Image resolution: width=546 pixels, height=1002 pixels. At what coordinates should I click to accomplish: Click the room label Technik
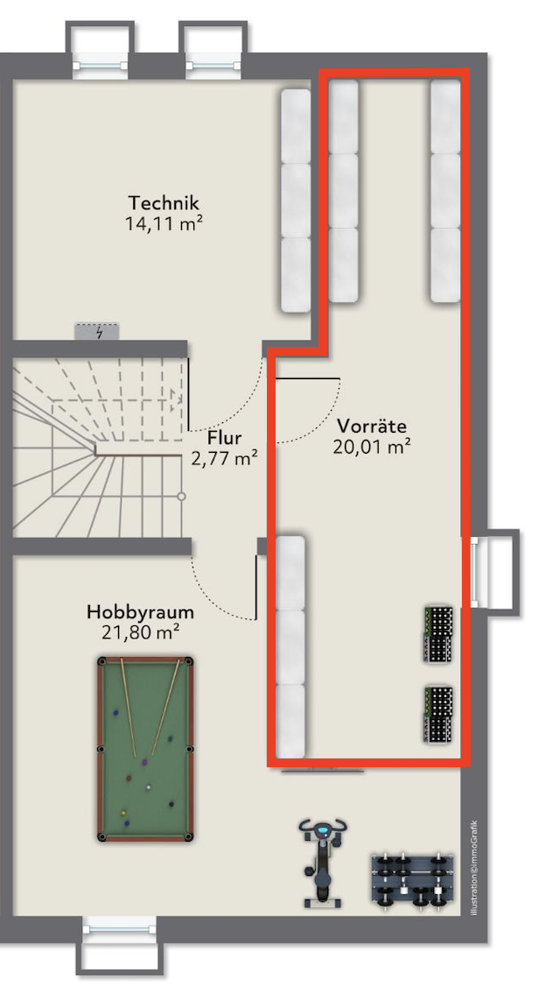click(164, 203)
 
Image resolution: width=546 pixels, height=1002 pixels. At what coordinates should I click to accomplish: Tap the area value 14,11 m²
click(164, 223)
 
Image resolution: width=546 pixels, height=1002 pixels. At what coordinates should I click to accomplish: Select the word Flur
click(224, 438)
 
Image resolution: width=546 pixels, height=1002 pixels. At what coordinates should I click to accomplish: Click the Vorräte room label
click(372, 426)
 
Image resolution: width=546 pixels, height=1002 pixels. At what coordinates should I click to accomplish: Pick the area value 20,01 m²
click(372, 446)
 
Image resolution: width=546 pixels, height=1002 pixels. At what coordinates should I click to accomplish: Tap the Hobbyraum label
click(141, 612)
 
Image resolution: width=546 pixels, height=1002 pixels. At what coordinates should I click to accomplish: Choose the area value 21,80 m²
click(141, 632)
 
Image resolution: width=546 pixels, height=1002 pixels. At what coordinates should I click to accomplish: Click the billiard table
click(145, 749)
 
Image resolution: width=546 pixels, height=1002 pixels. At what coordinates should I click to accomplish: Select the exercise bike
click(323, 863)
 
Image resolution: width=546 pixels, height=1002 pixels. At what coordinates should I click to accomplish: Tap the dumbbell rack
click(413, 879)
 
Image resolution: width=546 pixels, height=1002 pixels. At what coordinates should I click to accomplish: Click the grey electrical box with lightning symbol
click(98, 332)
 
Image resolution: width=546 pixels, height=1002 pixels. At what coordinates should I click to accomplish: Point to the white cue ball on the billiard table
click(149, 787)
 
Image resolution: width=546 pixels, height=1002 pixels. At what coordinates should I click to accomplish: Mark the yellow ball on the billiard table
click(123, 814)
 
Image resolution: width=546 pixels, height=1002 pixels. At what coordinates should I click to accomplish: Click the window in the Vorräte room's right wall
click(474, 572)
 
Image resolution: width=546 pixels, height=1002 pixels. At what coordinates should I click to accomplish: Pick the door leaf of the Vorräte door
click(308, 379)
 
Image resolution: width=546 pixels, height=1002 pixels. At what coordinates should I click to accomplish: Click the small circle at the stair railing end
click(181, 497)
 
